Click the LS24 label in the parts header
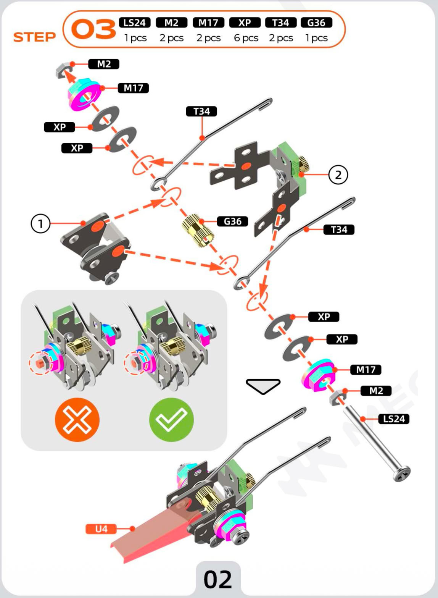pyautogui.click(x=135, y=23)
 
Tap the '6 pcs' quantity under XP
pyautogui.click(x=246, y=38)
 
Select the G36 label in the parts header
pyautogui.click(x=316, y=23)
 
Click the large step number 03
pyautogui.click(x=93, y=30)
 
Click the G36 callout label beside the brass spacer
pyautogui.click(x=232, y=221)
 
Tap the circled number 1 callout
pyautogui.click(x=40, y=224)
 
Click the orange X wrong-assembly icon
pyautogui.click(x=77, y=420)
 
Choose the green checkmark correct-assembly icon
pyautogui.click(x=171, y=420)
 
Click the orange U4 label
pyautogui.click(x=101, y=529)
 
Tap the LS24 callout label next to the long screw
pyautogui.click(x=394, y=419)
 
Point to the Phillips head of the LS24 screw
pyautogui.click(x=402, y=474)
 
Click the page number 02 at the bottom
pyautogui.click(x=218, y=579)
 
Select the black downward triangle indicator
pyautogui.click(x=263, y=386)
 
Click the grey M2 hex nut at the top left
pyautogui.click(x=61, y=70)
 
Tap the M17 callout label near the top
pyautogui.click(x=133, y=88)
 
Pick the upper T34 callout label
pyautogui.click(x=201, y=112)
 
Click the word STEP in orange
pyautogui.click(x=34, y=37)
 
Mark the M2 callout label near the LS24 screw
pyautogui.click(x=376, y=391)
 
